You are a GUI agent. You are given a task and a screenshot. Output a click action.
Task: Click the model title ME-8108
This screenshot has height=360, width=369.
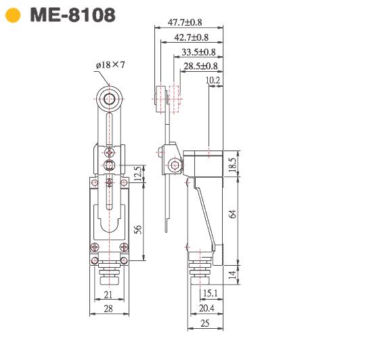(x=72, y=15)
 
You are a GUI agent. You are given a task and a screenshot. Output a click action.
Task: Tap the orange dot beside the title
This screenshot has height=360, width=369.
(x=13, y=15)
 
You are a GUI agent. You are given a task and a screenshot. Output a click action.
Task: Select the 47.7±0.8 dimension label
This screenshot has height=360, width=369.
(x=185, y=22)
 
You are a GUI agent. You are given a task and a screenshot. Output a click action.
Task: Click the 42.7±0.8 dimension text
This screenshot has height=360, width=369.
(x=192, y=37)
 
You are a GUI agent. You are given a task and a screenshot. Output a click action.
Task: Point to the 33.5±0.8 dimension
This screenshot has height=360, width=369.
(x=198, y=52)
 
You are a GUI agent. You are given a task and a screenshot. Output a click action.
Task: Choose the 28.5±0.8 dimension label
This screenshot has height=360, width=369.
(x=200, y=66)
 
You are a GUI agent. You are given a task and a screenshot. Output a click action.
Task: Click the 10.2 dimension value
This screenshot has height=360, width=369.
(x=213, y=81)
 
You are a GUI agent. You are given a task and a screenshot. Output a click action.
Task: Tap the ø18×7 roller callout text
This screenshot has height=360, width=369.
(x=110, y=65)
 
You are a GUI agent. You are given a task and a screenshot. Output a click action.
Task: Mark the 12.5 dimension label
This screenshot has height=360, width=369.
(x=139, y=174)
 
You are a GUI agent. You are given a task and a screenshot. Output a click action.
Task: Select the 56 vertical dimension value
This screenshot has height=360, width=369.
(x=138, y=229)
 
